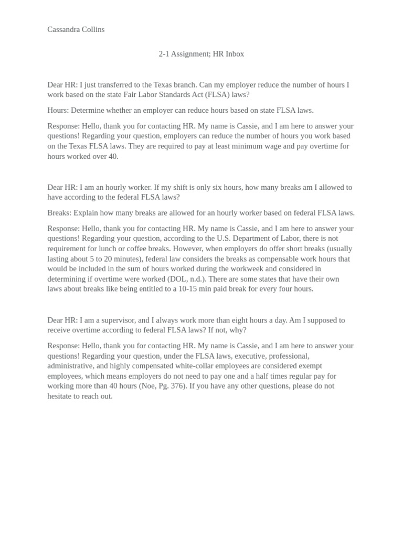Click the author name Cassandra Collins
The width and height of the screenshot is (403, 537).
point(76,29)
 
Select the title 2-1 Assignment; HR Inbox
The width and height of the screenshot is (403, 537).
point(201,53)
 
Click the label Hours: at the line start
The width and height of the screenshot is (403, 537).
point(58,110)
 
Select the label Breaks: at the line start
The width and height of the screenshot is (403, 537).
point(59,212)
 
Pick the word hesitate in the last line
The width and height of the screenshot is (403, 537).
point(61,396)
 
